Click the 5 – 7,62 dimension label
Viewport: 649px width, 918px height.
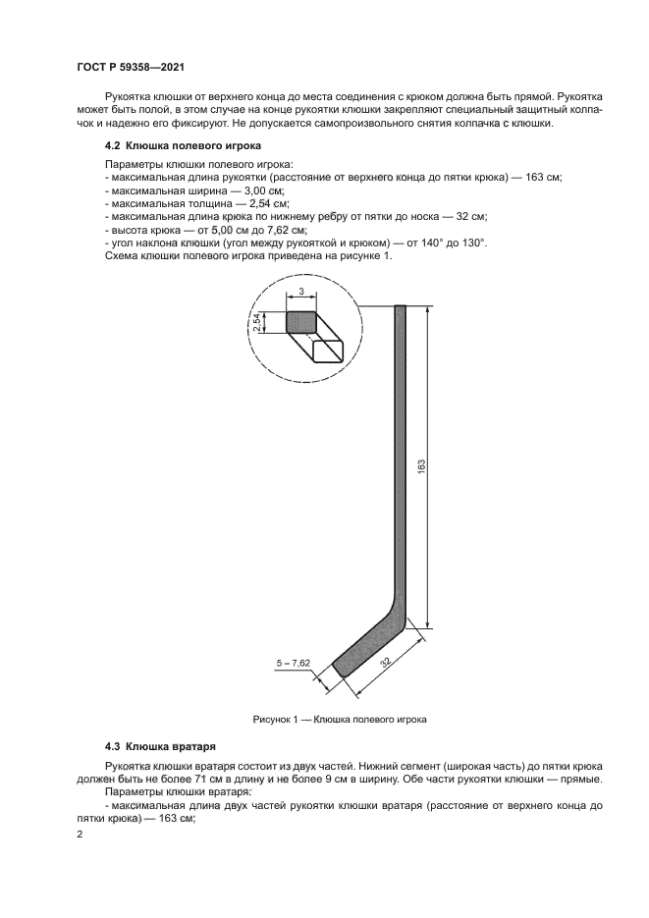point(293,664)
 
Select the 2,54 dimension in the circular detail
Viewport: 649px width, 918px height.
point(257,322)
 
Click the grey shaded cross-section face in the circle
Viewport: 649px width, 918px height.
point(301,322)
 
